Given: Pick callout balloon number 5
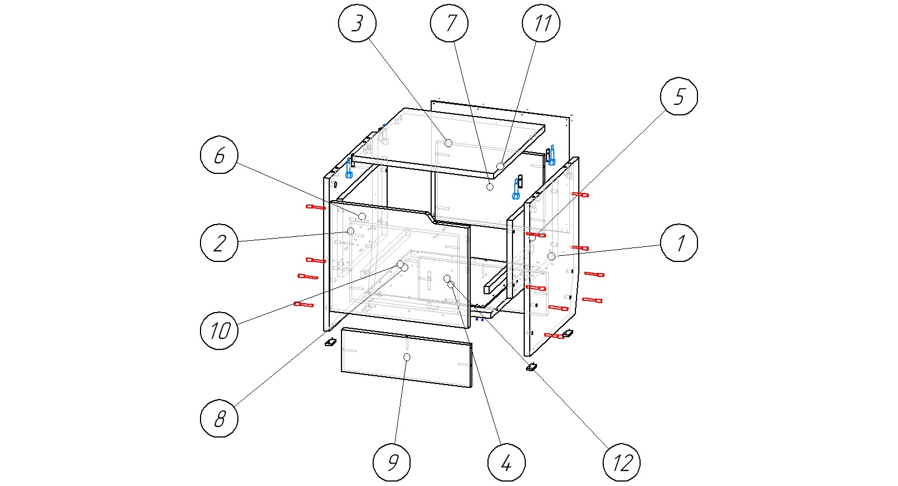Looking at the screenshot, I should click(679, 96).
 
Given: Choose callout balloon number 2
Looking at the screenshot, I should click(219, 242).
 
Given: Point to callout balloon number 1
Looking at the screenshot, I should click(679, 242).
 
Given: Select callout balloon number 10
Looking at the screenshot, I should click(219, 331).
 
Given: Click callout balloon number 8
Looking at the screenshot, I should click(219, 418).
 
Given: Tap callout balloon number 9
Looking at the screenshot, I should click(392, 462).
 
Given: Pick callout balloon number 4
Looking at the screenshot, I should click(506, 462).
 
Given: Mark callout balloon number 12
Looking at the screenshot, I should click(621, 462).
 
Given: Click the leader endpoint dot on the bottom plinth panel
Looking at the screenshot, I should click(407, 357).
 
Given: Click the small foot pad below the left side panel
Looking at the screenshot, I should click(330, 342).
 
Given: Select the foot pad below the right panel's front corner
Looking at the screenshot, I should click(531, 367).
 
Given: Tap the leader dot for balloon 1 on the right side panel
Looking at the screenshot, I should click(551, 256).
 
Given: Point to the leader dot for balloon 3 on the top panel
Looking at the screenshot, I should click(448, 143).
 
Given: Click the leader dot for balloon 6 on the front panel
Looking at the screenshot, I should click(362, 216).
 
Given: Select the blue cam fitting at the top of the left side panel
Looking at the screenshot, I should click(349, 168).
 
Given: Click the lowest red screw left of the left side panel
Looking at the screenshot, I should click(304, 304).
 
